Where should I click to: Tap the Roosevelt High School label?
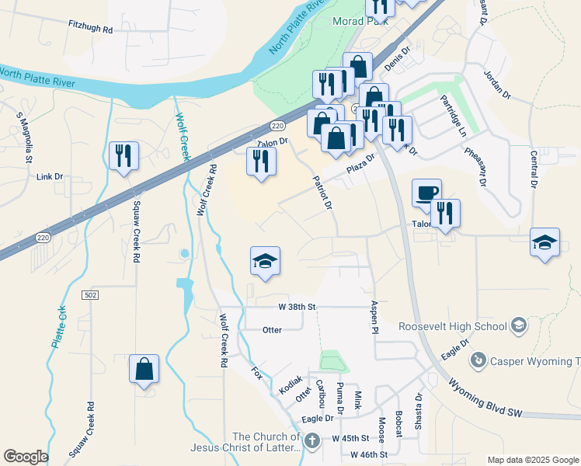(454, 327)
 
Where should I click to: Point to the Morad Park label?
(361, 22)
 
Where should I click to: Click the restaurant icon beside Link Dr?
(124, 156)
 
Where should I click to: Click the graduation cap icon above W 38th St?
(265, 261)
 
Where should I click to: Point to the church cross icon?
(311, 440)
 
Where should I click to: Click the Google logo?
(26, 457)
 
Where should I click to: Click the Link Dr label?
(50, 177)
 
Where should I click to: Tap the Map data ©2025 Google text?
(532, 460)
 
